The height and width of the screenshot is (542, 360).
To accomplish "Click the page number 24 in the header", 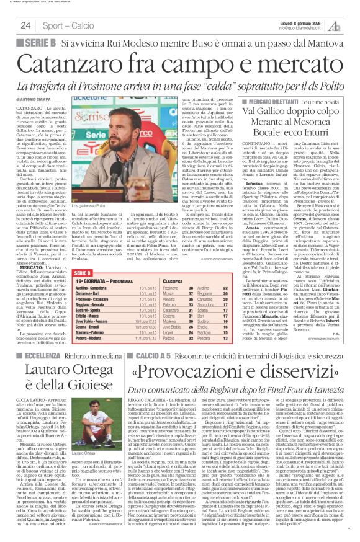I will [25, 25].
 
